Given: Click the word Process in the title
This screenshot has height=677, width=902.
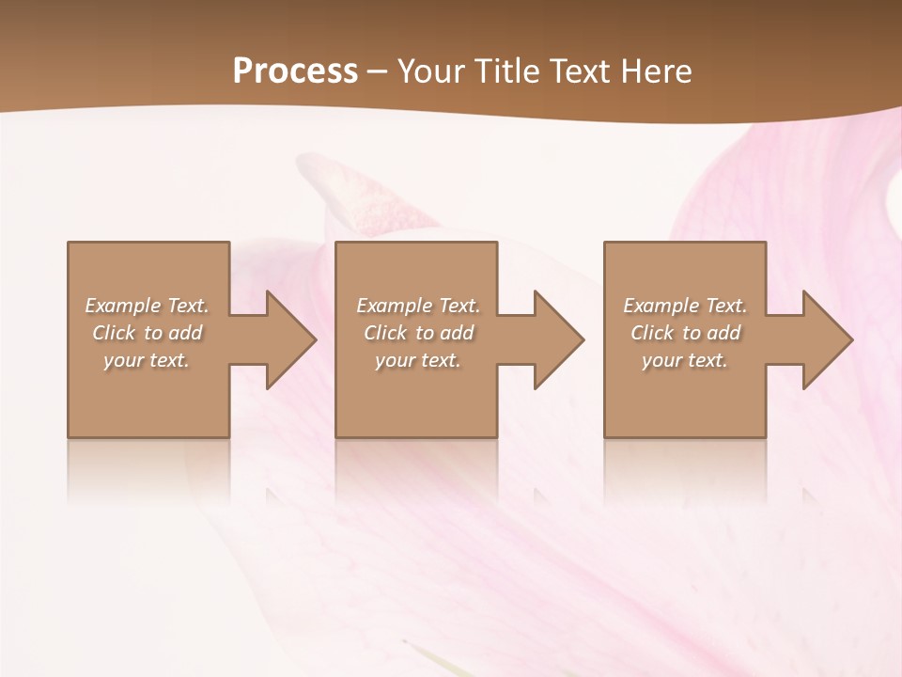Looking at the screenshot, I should pyautogui.click(x=295, y=71).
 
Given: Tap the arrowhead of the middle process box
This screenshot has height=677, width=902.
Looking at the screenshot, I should pyautogui.click(x=557, y=339).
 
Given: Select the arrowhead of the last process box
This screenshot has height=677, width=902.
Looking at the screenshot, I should pyautogui.click(x=826, y=339).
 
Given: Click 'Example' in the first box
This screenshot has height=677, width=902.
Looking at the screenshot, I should pyautogui.click(x=123, y=306).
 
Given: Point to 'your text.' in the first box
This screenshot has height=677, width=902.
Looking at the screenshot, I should pyautogui.click(x=147, y=360).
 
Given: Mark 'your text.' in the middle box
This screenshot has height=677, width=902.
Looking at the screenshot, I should pyautogui.click(x=418, y=360).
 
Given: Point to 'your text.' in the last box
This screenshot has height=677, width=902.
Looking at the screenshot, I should pyautogui.click(x=685, y=360).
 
